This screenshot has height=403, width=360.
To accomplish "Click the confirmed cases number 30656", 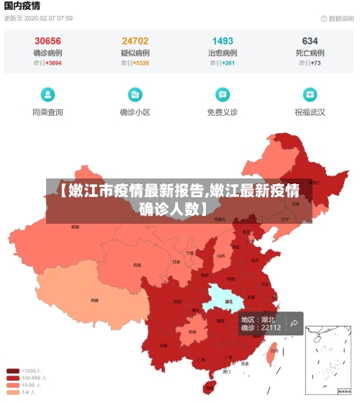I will pos(48,41).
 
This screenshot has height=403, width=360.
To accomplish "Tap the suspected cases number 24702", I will pos(135,41).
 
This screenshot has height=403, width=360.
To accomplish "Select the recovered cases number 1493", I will pos(222,41).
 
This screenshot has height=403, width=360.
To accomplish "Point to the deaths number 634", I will pos(310,41).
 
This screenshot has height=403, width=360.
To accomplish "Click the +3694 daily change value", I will pos(53,63).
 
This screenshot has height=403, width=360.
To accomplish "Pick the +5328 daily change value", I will pos(140,63).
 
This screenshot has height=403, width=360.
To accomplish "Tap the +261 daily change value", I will pos(228,63).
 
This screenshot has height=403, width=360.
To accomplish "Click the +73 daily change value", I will pos(315,63).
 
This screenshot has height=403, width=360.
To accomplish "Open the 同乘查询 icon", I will pos(48,94).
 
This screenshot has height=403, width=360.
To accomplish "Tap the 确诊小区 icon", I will pos(135,94).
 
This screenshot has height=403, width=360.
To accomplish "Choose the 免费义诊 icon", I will pos(222,94).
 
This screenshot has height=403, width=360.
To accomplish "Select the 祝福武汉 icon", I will pos(310,94).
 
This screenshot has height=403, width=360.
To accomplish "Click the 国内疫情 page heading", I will pos(22,6).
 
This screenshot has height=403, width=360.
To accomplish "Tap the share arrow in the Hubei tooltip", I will pos(294,323).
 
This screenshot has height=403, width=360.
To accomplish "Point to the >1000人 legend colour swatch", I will pos(13,371).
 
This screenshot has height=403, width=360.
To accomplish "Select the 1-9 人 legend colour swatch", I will pos(13,392).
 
